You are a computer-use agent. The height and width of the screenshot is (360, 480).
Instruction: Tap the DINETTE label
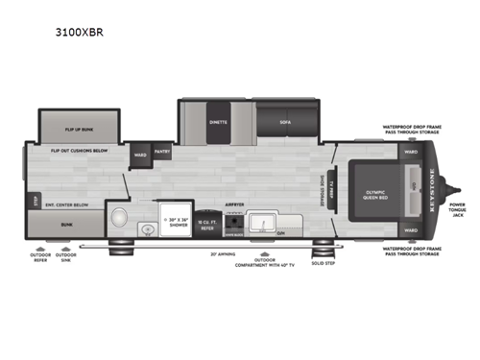coord(218,123)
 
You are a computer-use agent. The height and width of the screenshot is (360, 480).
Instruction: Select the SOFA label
coord(285,123)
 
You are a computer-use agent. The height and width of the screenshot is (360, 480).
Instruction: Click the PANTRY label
coord(162,151)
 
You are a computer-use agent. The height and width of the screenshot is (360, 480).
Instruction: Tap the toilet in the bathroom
coord(119,215)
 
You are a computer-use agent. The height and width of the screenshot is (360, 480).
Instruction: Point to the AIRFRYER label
coord(234,204)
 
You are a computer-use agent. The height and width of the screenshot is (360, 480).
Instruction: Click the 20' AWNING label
coord(223,254)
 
